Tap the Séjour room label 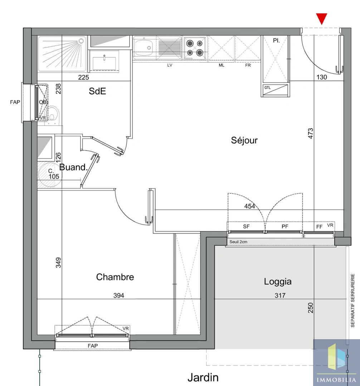click(x=244, y=140)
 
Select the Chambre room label click(x=115, y=277)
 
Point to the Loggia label click(x=278, y=282)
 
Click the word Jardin click(x=203, y=377)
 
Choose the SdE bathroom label click(x=97, y=91)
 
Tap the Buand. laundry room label click(x=73, y=167)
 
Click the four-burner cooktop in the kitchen click(x=195, y=48)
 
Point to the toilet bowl click(x=53, y=113)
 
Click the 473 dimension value click(x=311, y=133)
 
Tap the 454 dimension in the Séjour click(x=250, y=206)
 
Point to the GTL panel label click(x=267, y=88)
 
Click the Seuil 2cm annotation click(x=238, y=242)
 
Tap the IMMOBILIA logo click(x=336, y=362)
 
